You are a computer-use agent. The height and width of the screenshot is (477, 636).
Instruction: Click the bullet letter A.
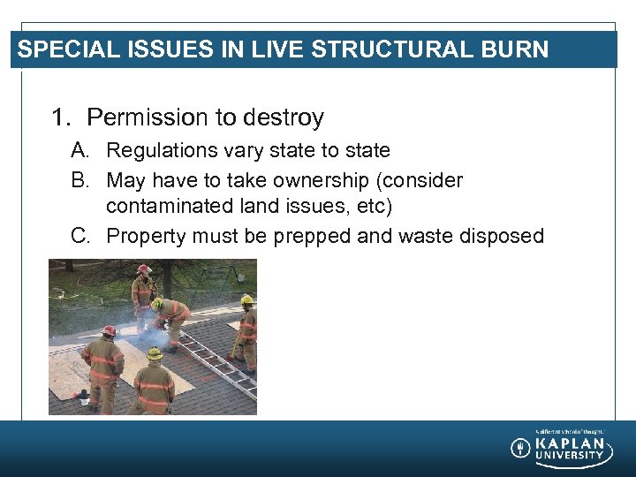tap(80, 151)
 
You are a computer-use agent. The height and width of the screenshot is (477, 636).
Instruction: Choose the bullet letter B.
tap(80, 180)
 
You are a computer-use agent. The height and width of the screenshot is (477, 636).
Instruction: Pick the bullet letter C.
tap(80, 236)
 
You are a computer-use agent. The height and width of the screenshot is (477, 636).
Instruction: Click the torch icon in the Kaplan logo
tap(520, 448)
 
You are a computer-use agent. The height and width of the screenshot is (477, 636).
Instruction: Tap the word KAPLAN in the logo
tap(570, 443)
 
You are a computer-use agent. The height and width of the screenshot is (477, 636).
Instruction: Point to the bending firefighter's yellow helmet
tap(158, 304)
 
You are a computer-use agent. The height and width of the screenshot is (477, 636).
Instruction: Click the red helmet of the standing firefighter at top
tap(144, 269)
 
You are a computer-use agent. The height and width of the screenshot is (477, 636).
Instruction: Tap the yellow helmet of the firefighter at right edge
tap(246, 299)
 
